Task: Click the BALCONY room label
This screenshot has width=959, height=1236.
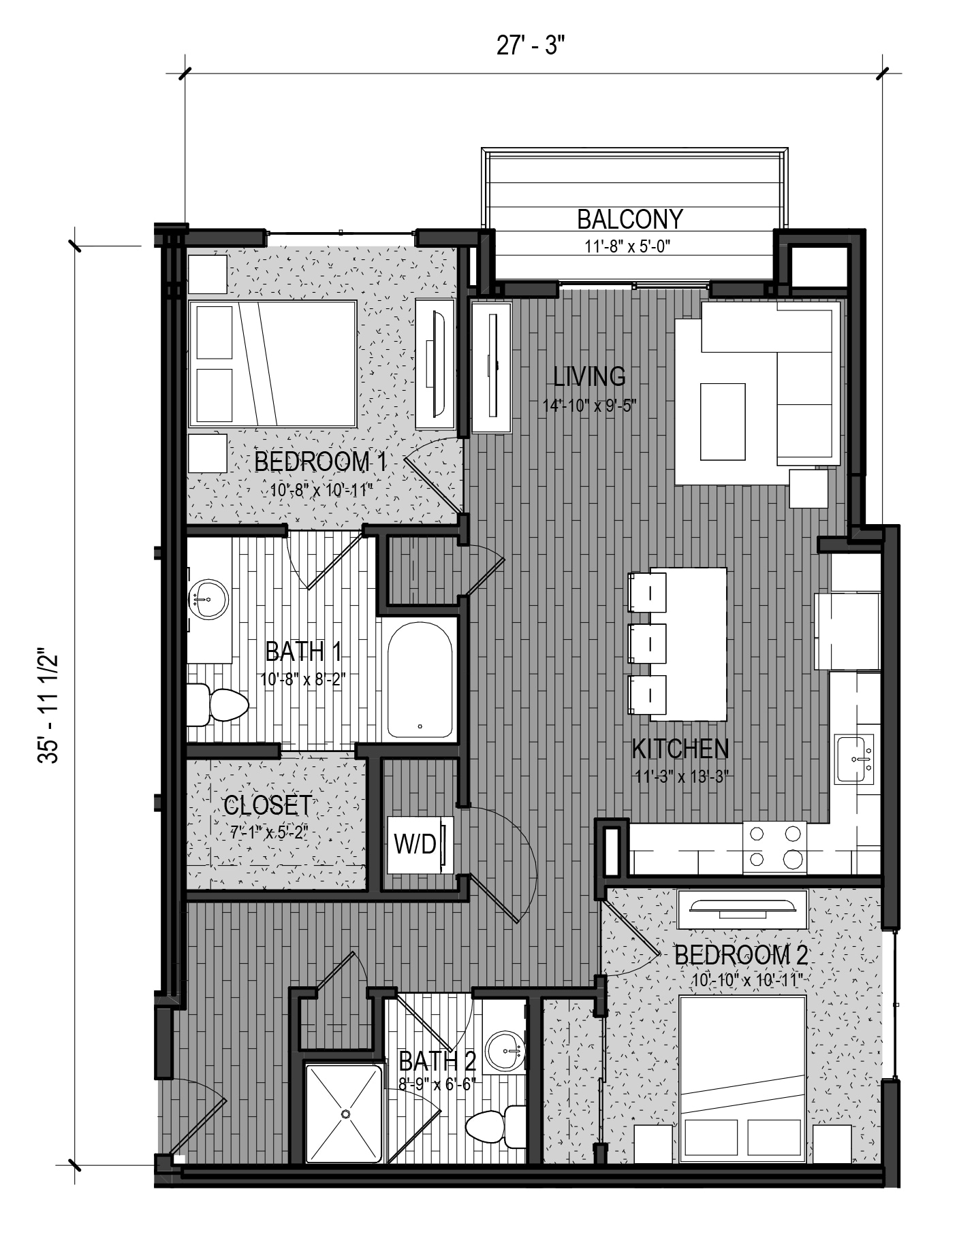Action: pos(629,219)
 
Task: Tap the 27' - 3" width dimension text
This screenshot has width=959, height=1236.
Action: pos(531,48)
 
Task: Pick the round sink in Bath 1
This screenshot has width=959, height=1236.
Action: pos(208,600)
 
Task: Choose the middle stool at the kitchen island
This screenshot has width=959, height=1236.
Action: pos(646,643)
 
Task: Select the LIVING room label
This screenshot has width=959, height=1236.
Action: pos(589,376)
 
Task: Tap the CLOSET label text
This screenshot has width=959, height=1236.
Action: pos(268,805)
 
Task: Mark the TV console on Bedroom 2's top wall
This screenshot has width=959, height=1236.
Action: pos(742,908)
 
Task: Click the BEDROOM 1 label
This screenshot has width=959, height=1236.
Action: pos(321,462)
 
